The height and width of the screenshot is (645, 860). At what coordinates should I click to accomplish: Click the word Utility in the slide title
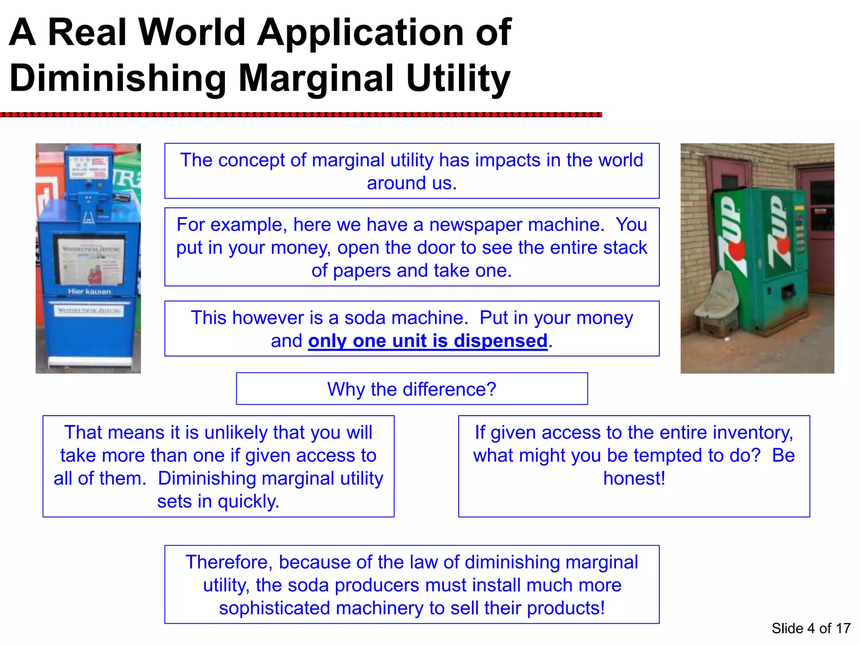pos(458,78)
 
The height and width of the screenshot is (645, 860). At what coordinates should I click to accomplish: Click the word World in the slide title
pos(192,32)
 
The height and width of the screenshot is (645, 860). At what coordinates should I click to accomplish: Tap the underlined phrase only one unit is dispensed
pos(427,341)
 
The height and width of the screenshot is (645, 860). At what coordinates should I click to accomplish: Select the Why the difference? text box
pos(412,389)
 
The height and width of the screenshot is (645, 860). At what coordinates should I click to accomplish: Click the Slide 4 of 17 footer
pos(811,628)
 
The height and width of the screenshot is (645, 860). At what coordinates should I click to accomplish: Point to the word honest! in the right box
pos(634,478)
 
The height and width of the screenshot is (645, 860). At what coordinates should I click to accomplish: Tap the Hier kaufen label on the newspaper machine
pos(89,291)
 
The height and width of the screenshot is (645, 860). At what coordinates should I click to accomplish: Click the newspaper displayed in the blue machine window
pos(91,260)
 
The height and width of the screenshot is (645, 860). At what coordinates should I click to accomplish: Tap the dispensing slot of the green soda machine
pos(787,291)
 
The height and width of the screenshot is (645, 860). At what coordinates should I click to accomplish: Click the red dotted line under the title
pos(301,115)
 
